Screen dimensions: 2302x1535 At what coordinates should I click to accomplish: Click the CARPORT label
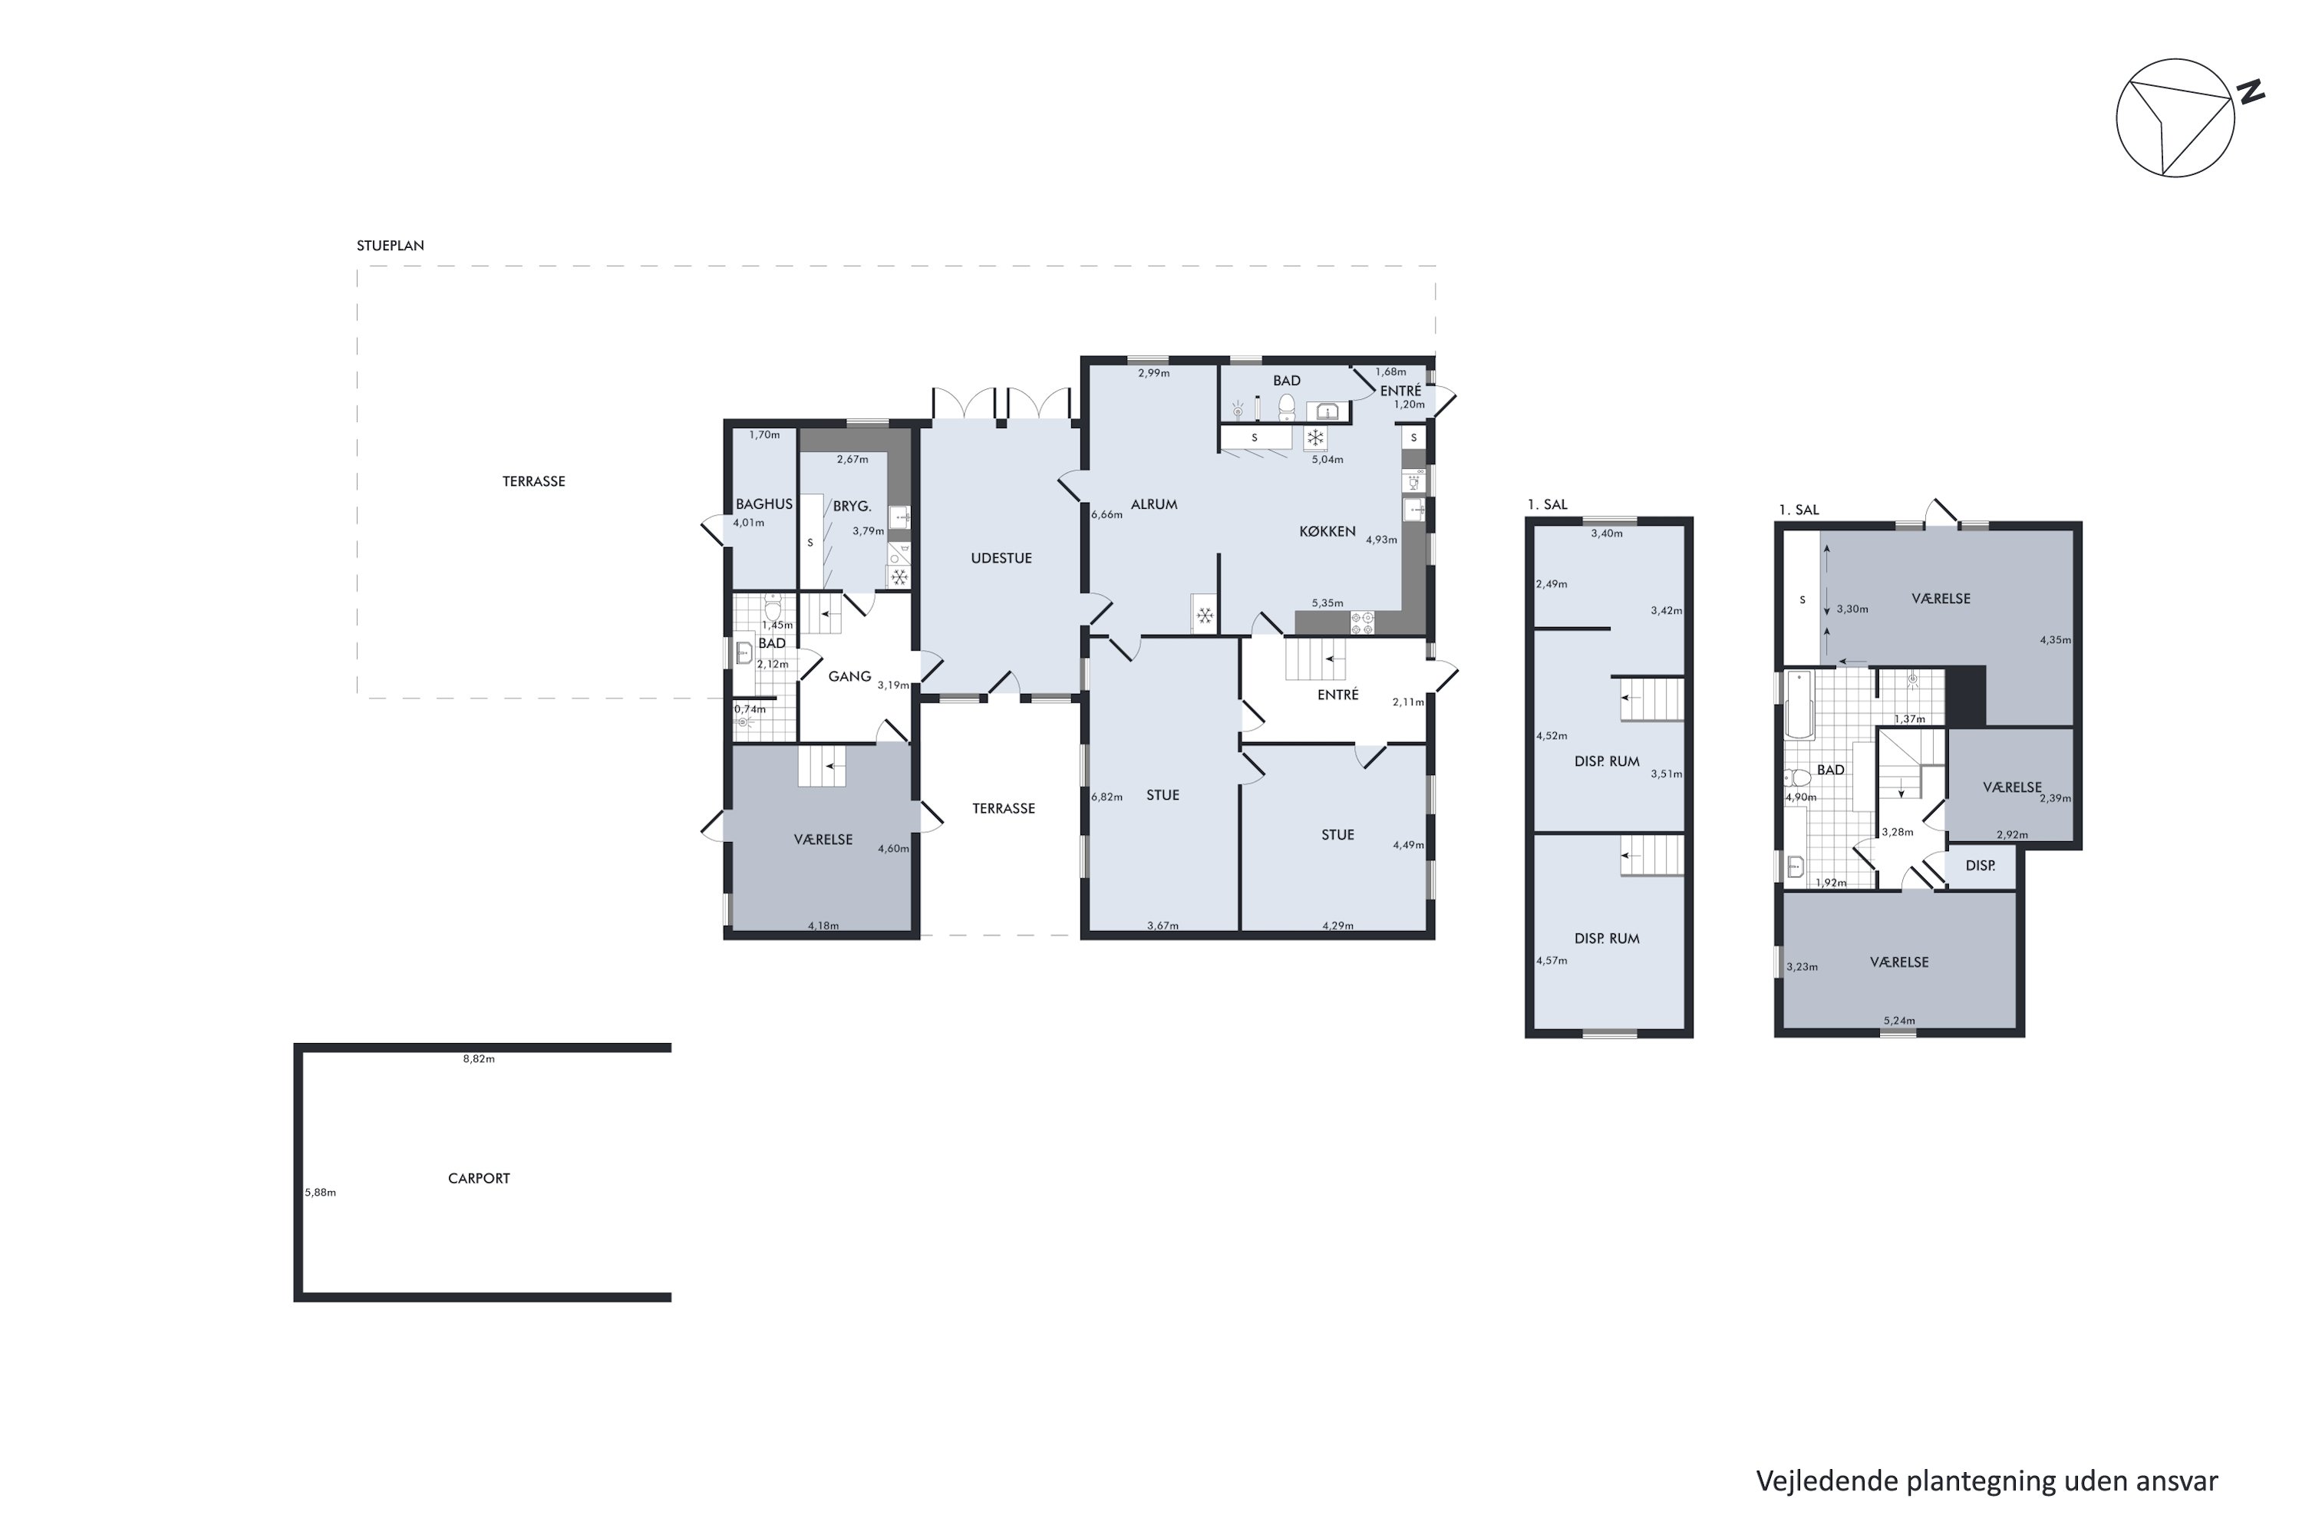(x=479, y=1179)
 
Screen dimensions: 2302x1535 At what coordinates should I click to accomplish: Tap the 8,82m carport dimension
(x=479, y=1058)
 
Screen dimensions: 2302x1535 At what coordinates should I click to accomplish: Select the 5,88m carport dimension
(x=320, y=1193)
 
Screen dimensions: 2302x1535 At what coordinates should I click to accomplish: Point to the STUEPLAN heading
(x=391, y=246)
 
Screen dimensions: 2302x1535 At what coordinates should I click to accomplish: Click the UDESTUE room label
(x=1001, y=558)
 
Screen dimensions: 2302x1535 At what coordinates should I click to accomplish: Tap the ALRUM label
(x=1154, y=504)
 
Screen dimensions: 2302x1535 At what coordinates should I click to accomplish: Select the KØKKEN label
(x=1327, y=532)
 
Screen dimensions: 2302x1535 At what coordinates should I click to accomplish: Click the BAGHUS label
(x=764, y=504)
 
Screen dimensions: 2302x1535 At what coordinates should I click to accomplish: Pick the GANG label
(x=849, y=676)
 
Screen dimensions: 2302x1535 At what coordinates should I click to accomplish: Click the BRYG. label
(x=852, y=506)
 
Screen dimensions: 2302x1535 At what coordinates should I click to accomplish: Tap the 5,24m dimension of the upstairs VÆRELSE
(x=1898, y=1021)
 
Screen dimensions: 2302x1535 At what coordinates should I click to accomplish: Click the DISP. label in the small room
(x=1980, y=866)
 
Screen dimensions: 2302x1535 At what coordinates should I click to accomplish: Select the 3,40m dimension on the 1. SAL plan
(x=1606, y=533)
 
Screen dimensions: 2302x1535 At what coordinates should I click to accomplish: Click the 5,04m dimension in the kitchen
(x=1327, y=459)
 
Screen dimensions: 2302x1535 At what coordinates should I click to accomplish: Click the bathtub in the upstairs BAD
(x=1799, y=704)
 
